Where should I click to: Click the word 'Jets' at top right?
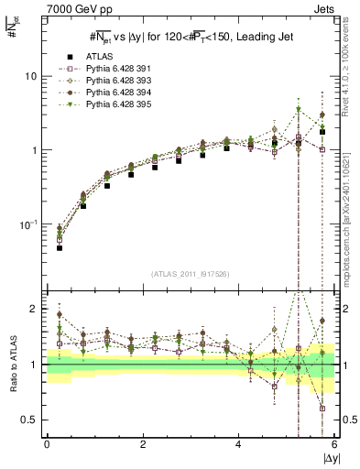pyautogui.click(x=323, y=9)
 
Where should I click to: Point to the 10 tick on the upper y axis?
pyautogui.click(x=31, y=76)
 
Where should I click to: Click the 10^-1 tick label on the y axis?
pyautogui.click(x=28, y=224)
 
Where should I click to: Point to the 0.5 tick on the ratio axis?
pyautogui.click(x=30, y=420)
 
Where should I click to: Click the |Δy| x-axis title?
pyautogui.click(x=329, y=458)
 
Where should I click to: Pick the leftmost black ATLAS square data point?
pyautogui.click(x=59, y=247)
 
